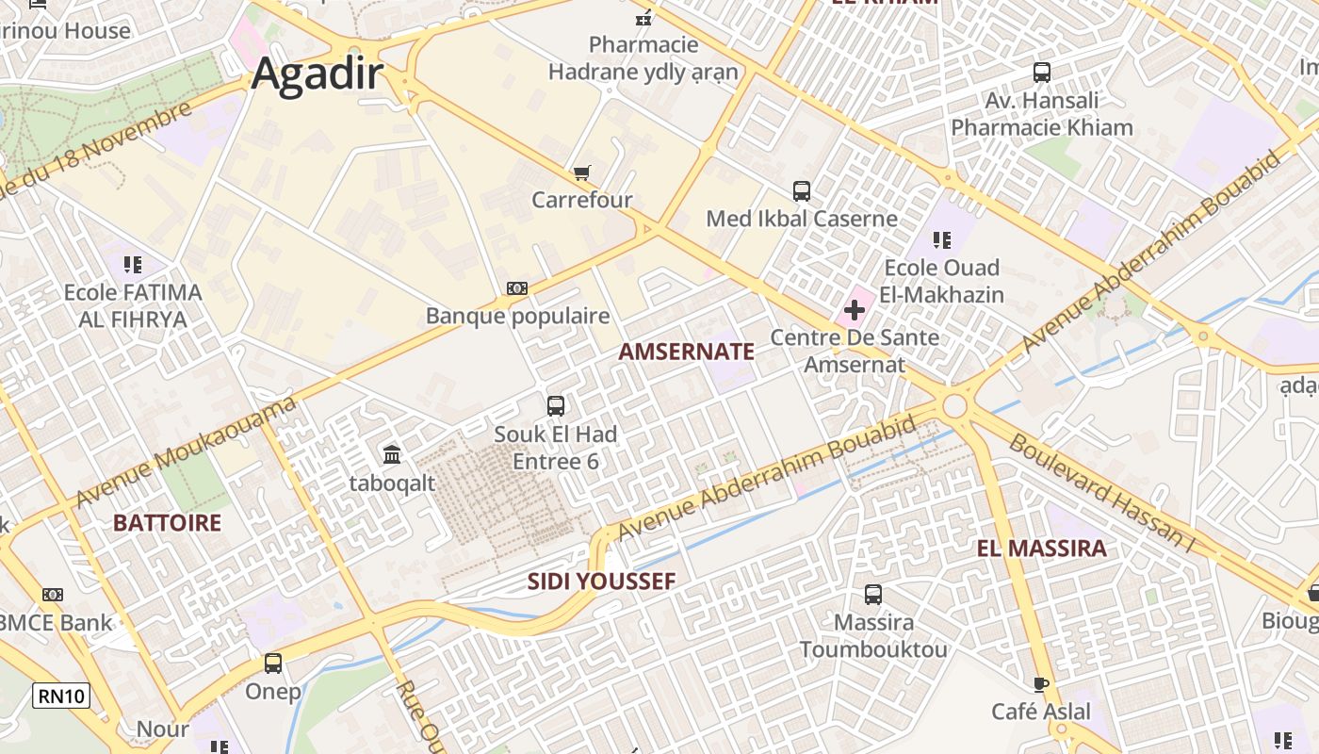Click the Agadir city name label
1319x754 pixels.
click(317, 74)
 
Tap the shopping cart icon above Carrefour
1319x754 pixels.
click(582, 172)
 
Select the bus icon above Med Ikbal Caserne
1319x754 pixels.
click(802, 191)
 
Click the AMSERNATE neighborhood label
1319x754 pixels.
click(686, 352)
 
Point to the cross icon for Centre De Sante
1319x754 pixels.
click(855, 310)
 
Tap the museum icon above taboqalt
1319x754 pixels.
click(393, 455)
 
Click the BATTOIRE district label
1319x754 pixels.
click(168, 523)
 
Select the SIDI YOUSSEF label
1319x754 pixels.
click(601, 582)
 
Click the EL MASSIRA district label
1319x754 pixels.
click(1041, 549)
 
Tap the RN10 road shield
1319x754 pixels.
click(62, 697)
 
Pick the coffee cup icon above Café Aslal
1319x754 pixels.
click(1041, 683)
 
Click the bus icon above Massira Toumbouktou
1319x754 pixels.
click(873, 595)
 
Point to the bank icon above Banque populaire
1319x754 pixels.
click(517, 288)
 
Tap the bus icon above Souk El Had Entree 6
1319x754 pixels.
click(556, 406)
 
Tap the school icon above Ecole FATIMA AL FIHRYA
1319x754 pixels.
click(133, 265)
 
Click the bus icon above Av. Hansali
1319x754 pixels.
click(1042, 73)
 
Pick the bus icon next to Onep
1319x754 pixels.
click(273, 664)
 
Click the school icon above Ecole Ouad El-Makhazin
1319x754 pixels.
click(941, 240)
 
